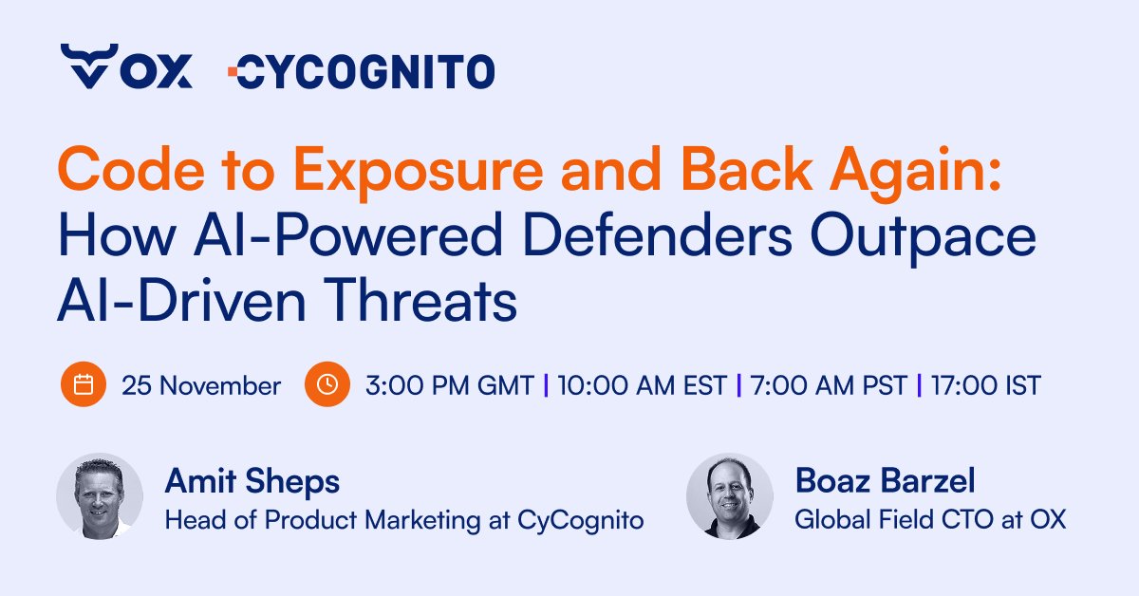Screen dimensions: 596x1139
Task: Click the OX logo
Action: pos(126,67)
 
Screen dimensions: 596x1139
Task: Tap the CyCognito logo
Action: pos(362,70)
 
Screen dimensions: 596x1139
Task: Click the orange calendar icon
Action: pos(84,385)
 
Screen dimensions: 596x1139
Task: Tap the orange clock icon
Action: pos(327,385)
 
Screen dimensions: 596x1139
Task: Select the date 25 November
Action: pos(200,386)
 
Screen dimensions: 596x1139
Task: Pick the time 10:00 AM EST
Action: pos(643,386)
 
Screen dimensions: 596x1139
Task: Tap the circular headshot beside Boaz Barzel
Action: pos(730,496)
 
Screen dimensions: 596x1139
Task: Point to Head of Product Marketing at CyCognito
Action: pos(404,519)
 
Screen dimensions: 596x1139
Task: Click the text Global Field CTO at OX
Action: pos(930,519)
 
